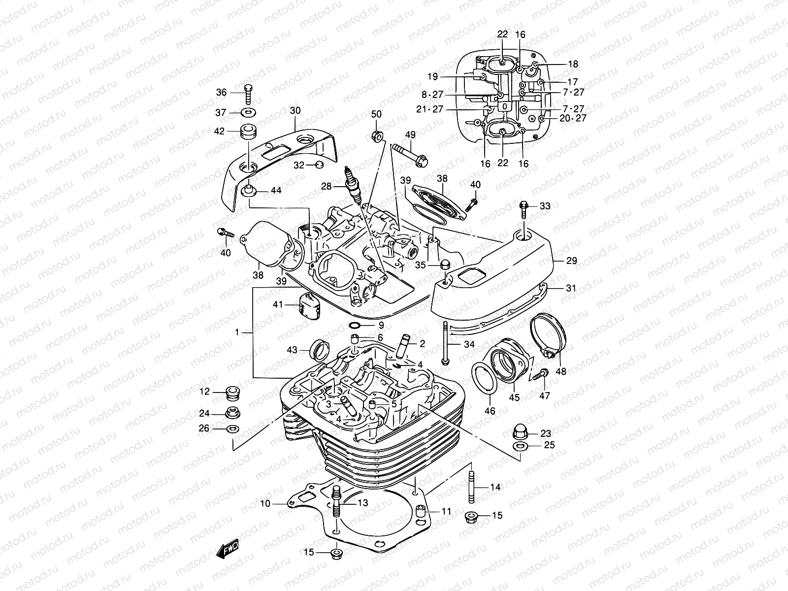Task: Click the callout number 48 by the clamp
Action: click(x=560, y=371)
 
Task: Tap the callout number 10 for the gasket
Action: click(x=265, y=504)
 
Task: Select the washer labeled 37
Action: click(x=248, y=113)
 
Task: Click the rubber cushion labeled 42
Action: click(x=246, y=132)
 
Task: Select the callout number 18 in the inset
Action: click(x=573, y=64)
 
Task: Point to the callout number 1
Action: click(x=237, y=332)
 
